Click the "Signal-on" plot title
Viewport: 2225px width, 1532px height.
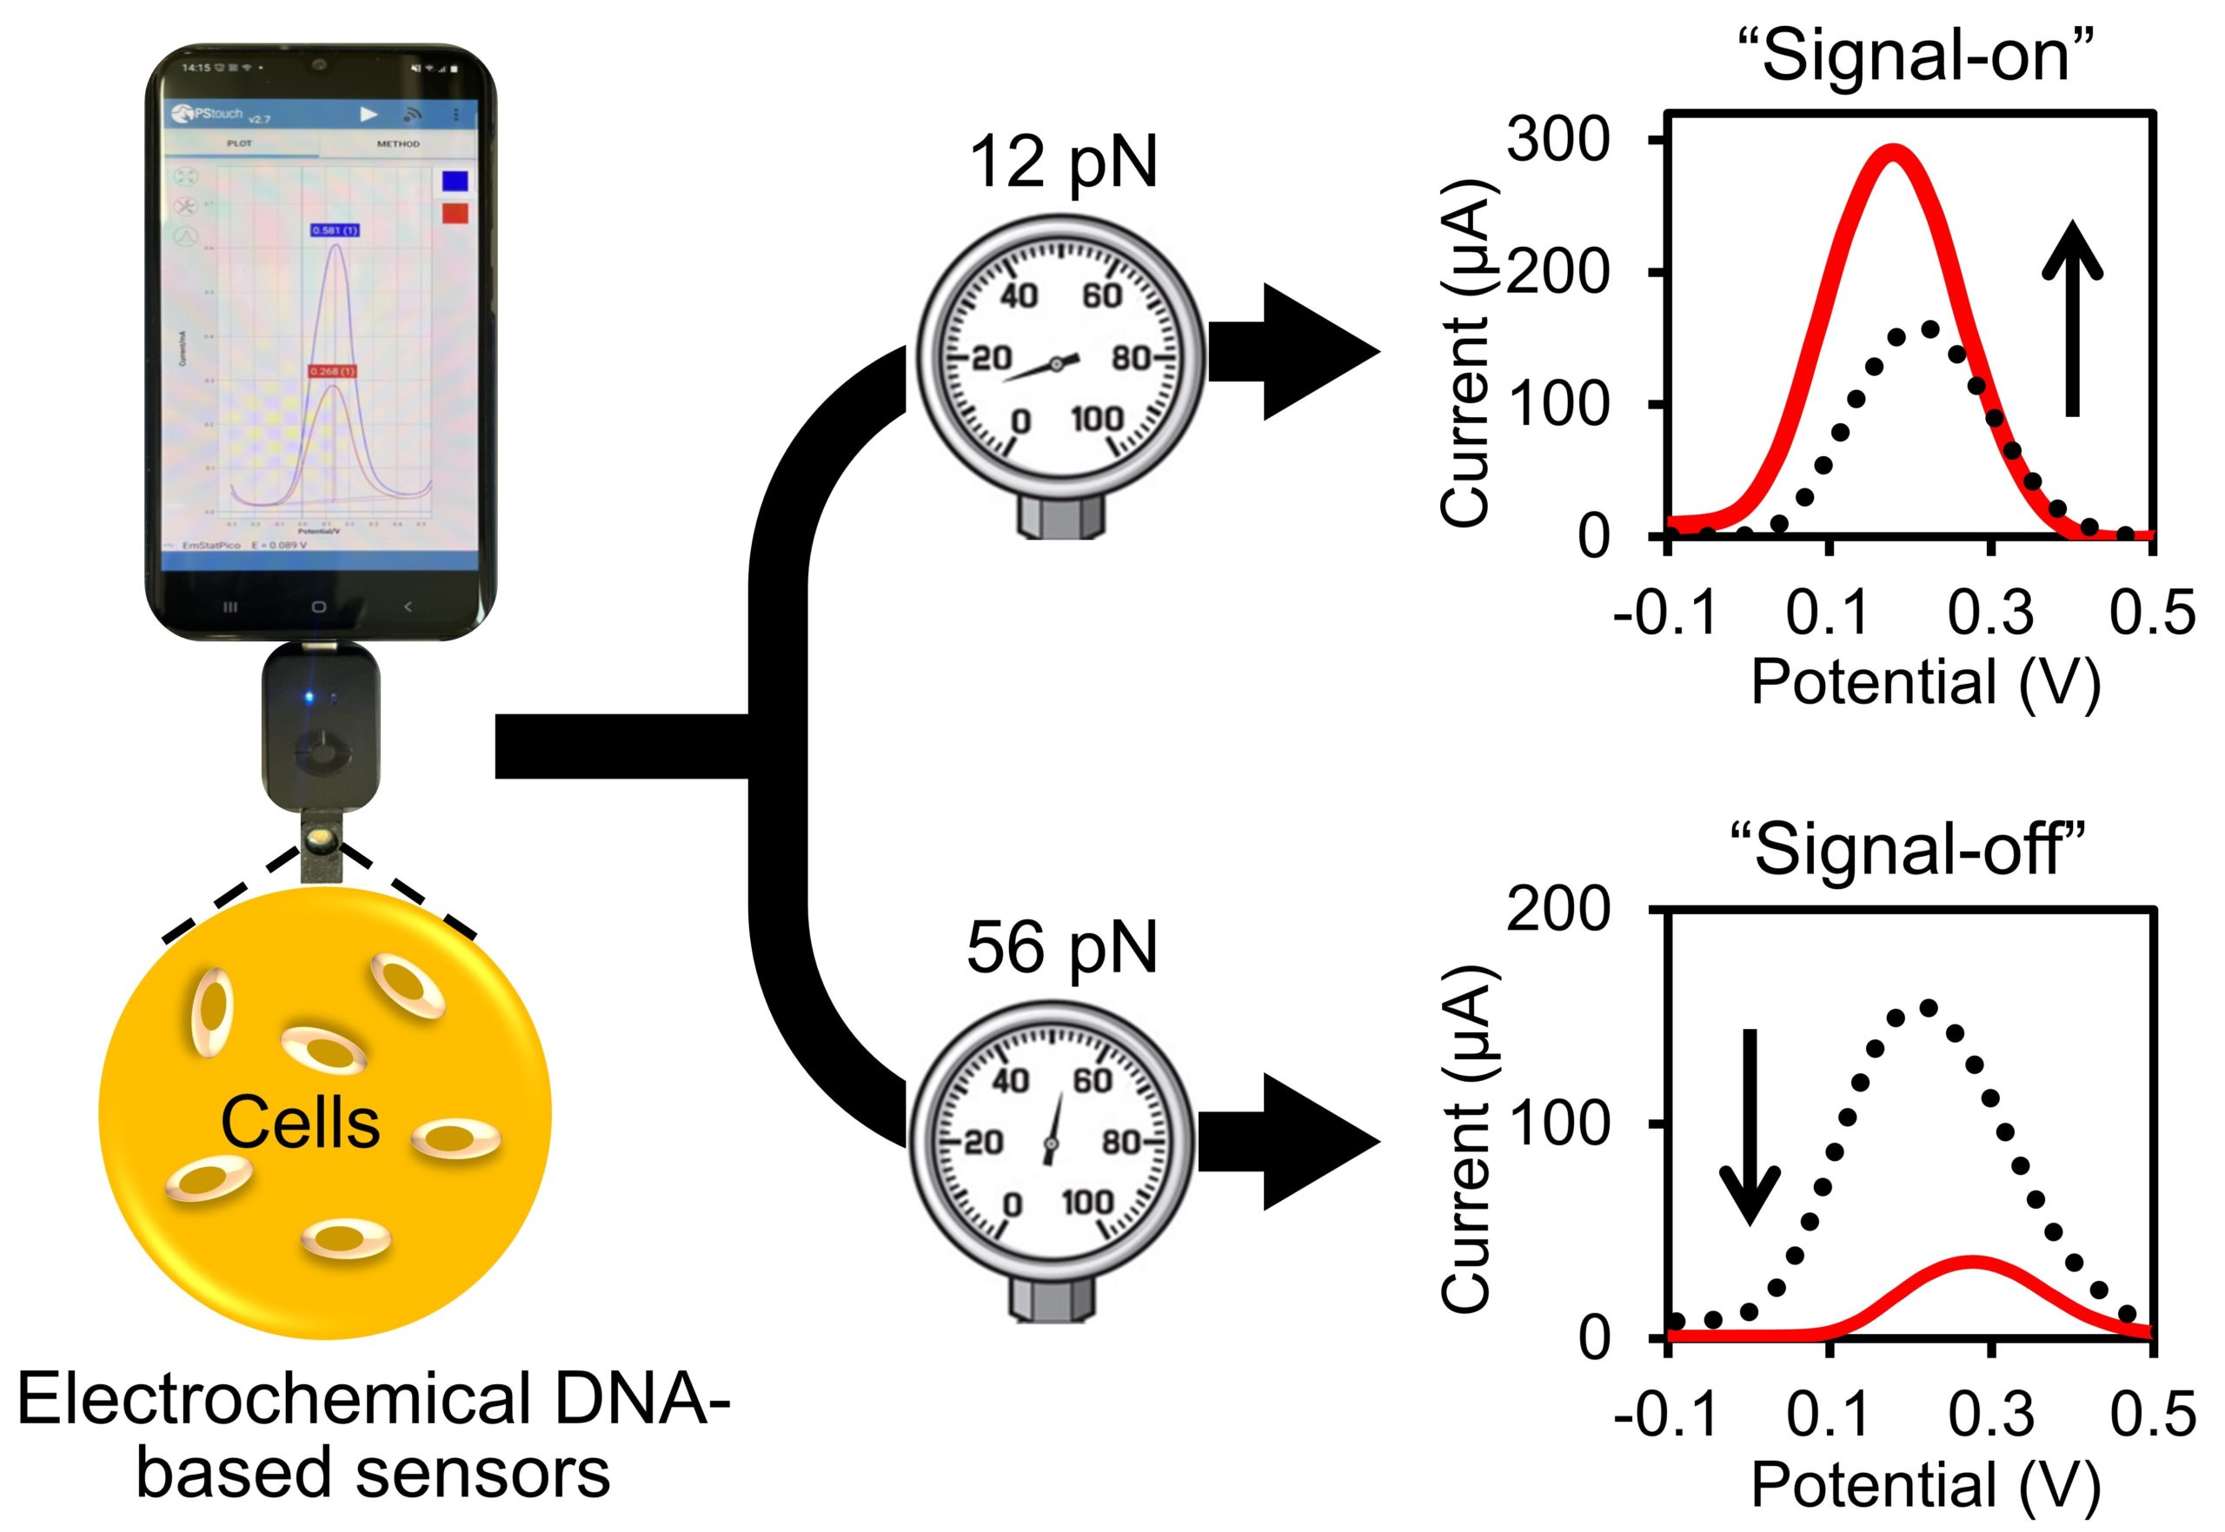tap(1916, 56)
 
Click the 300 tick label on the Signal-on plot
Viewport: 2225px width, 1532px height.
tap(1557, 140)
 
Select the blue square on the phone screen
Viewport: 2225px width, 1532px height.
tap(455, 182)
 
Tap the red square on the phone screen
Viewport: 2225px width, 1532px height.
tap(455, 212)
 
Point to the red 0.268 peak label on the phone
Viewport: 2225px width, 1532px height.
tap(332, 370)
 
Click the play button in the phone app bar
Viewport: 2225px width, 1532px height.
tap(369, 114)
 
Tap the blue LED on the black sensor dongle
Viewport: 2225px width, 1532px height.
tap(309, 696)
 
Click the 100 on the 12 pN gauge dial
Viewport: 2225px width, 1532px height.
tap(1097, 419)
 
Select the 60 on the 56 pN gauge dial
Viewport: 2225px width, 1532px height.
tap(1093, 1081)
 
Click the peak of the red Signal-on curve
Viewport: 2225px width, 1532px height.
tap(1893, 152)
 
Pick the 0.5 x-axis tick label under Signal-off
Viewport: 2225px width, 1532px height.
tap(2153, 1414)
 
